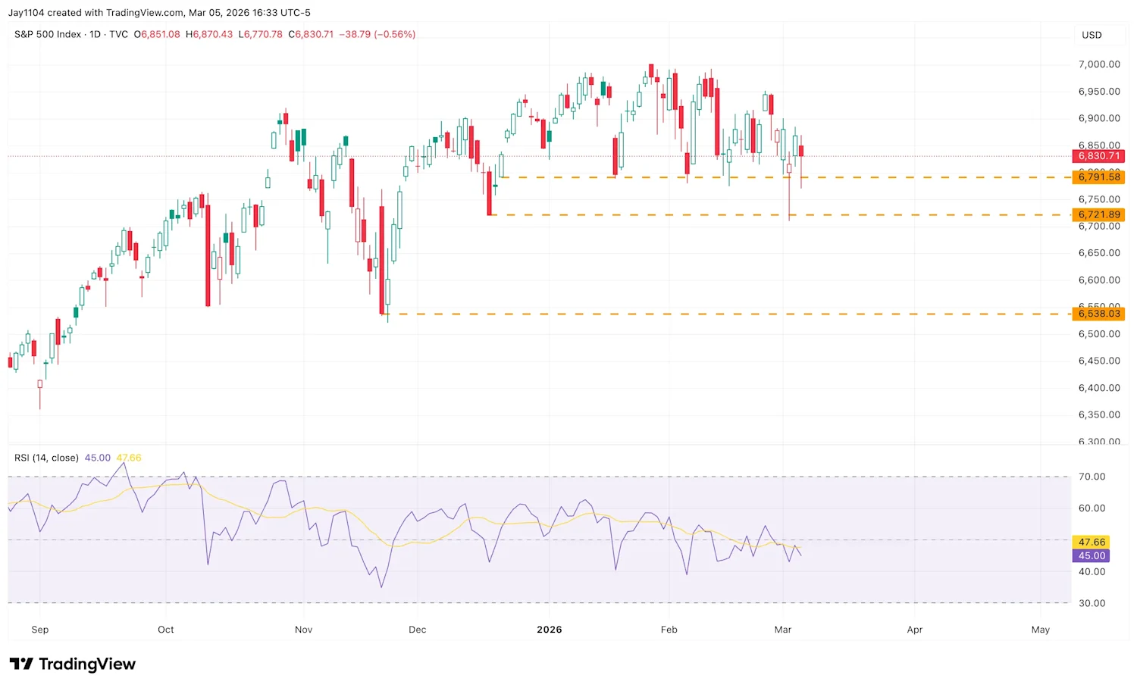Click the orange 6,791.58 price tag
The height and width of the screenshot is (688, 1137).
[1098, 177]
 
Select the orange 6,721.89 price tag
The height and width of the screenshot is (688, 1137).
[1098, 215]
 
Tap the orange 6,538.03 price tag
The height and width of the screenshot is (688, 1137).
[1098, 314]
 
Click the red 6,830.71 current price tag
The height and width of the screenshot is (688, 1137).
[1098, 156]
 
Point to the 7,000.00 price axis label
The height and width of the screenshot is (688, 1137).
[1098, 64]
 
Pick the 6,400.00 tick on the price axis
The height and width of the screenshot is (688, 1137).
[1098, 388]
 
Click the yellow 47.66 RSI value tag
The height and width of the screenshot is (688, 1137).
[1092, 543]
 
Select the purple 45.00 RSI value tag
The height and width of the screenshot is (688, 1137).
[1092, 556]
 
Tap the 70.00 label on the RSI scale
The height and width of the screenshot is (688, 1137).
[1092, 477]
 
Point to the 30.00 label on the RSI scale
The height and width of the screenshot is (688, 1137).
[1092, 604]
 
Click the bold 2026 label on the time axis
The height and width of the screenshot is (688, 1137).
[550, 630]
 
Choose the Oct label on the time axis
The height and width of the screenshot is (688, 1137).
[166, 630]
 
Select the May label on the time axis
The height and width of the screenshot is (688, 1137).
[1041, 630]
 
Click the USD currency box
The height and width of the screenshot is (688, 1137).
[1092, 35]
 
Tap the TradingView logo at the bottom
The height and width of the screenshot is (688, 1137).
[73, 665]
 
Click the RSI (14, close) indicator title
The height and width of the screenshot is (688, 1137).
[46, 458]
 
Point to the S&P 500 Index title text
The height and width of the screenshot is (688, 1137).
[48, 34]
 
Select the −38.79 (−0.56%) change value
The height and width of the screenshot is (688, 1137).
[377, 34]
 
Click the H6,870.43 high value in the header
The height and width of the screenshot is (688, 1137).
[209, 34]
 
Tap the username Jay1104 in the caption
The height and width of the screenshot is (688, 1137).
[26, 13]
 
